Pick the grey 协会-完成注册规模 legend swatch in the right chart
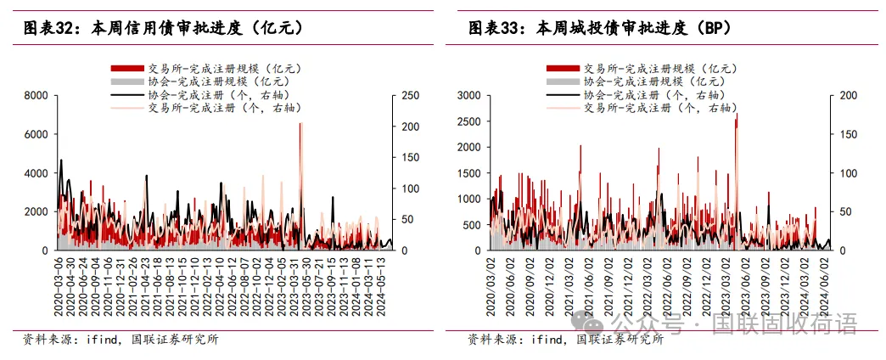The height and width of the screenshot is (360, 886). pos(563,82)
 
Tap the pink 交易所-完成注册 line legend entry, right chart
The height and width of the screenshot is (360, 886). pos(563,109)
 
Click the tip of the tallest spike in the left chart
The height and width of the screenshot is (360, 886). pos(300,124)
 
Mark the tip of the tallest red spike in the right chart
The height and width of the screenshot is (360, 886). pos(737,114)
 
